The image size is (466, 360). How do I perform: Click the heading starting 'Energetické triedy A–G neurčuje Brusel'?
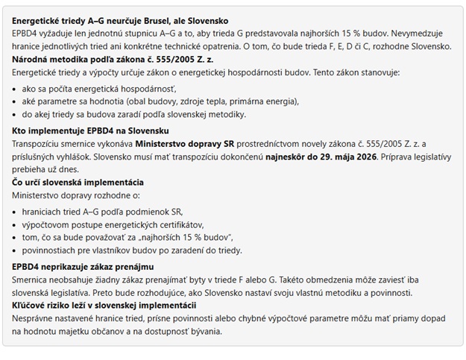click(120, 21)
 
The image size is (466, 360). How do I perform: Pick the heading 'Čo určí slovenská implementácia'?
click(78, 183)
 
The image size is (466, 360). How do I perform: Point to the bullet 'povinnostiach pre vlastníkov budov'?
click(132, 250)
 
